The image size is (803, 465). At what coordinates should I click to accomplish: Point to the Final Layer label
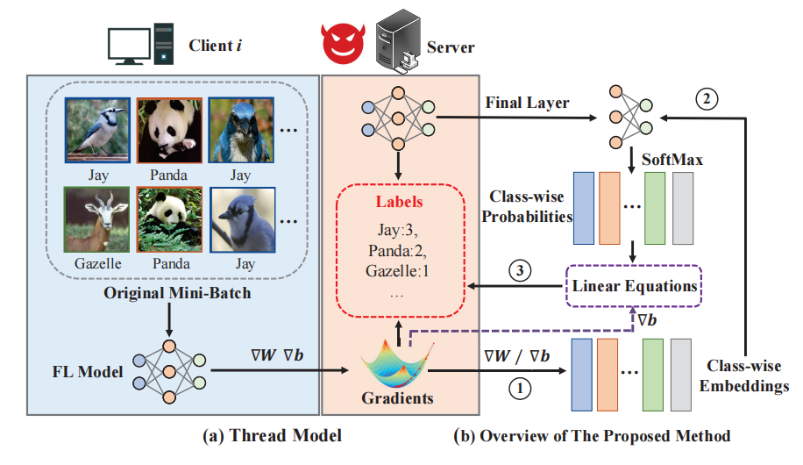[x=527, y=103]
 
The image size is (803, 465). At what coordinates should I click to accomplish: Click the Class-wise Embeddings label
[x=747, y=376]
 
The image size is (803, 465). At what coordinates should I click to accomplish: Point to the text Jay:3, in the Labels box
[x=399, y=232]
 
